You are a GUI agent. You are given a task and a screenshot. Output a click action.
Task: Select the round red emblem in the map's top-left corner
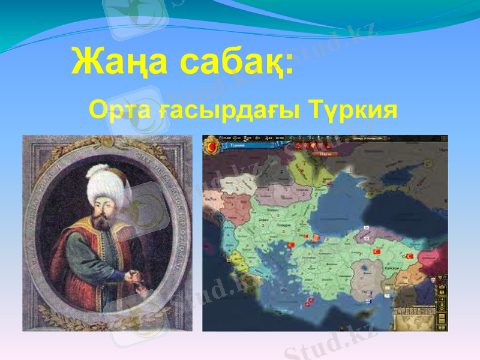211,145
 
